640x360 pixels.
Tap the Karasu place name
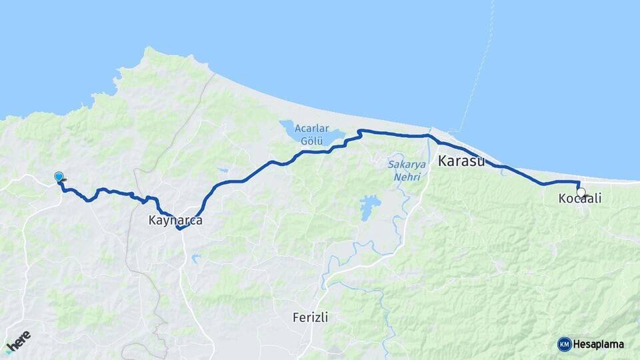461,161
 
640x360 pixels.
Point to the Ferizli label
310,317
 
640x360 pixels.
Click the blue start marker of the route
59,177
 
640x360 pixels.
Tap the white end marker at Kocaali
581,193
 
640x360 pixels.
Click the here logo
19,341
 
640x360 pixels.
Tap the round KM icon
564,344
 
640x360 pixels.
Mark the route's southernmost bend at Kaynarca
179,229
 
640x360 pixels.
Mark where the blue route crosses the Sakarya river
429,135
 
